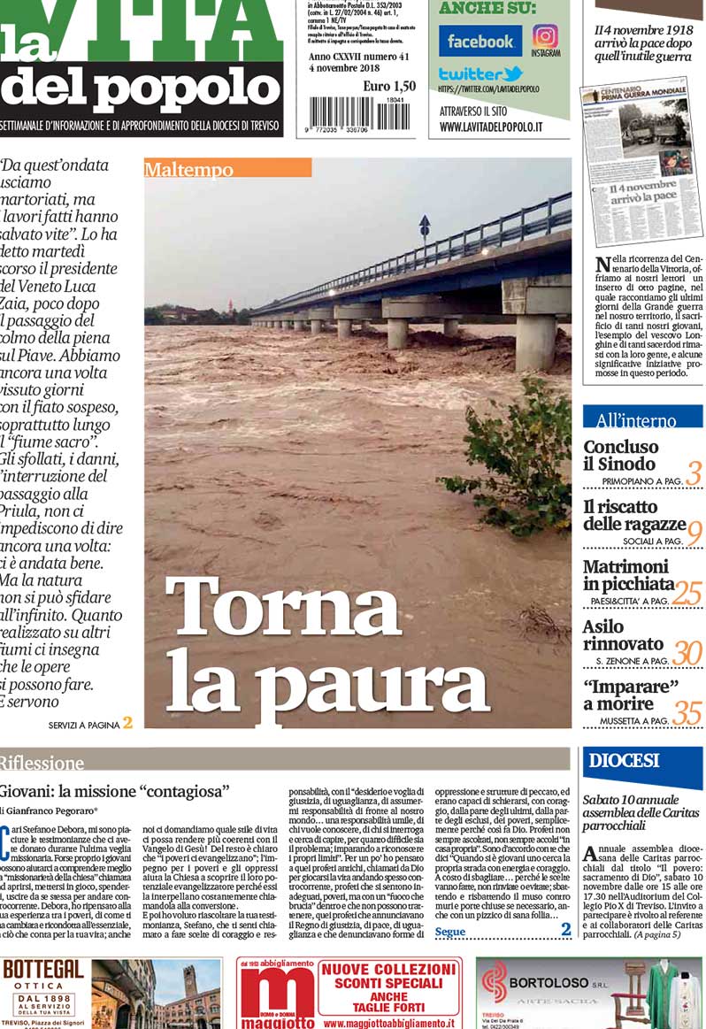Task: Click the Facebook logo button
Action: (480, 41)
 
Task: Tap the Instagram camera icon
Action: (546, 36)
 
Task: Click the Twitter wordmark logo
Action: (480, 74)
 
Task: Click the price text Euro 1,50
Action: (388, 86)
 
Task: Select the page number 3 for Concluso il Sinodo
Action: (693, 473)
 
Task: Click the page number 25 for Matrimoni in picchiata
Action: (687, 593)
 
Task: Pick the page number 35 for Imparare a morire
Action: (687, 711)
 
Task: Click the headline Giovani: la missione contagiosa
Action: (115, 791)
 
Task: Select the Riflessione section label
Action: (42, 762)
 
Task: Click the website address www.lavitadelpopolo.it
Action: (491, 127)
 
